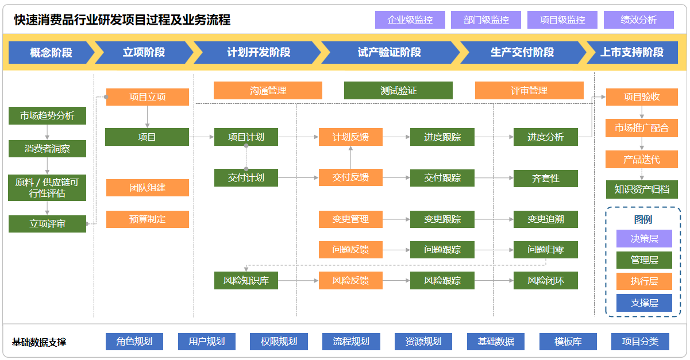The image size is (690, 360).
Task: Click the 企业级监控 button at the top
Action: pos(410,20)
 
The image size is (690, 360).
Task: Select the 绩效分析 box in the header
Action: pos(638,20)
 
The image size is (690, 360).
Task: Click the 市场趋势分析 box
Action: pos(47,115)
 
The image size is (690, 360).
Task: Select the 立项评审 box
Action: pos(47,224)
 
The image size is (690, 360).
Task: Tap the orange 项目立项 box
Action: pos(148,97)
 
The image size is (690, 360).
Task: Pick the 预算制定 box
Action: pos(148,219)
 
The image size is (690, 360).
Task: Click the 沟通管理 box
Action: pos(268,91)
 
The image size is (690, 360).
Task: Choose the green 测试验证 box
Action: pos(398,91)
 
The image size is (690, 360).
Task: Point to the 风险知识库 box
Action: pos(246,281)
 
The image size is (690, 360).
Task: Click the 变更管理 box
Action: pos(350,219)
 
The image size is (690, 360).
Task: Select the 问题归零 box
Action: pos(546,250)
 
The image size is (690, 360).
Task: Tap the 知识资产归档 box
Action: pos(642,189)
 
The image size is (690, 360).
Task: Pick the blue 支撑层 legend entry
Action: pos(644,303)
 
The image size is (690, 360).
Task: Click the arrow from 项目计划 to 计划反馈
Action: pos(298,137)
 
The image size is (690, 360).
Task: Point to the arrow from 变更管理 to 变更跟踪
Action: pos(396,219)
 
